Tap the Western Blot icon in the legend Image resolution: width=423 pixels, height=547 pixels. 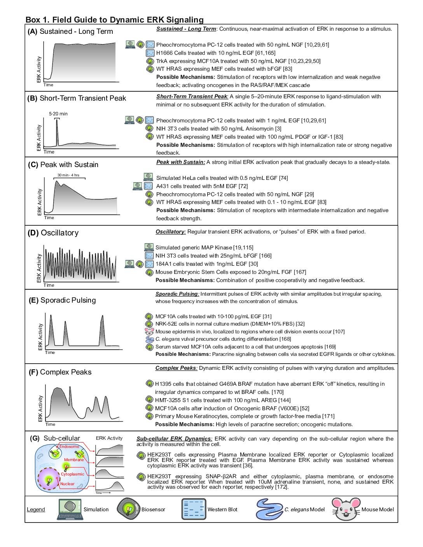(194, 509)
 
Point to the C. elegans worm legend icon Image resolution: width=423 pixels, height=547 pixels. (269, 509)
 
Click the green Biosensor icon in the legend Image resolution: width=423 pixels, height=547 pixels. (129, 509)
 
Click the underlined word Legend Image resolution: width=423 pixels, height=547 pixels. (36, 510)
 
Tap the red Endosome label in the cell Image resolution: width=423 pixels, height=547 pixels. (69, 446)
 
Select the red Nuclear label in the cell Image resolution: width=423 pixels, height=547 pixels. (67, 484)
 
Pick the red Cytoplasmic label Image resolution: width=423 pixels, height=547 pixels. (72, 474)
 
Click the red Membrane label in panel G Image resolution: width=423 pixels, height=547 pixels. (74, 460)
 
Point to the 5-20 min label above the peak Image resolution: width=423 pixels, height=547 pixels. (58, 114)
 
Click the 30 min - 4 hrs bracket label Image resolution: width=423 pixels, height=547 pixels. (68, 175)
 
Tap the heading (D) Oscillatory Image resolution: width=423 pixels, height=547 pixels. (53, 233)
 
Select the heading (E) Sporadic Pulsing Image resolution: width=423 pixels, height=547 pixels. (62, 300)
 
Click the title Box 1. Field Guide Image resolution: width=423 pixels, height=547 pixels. (114, 20)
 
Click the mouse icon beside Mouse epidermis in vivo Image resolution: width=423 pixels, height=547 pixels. (149, 331)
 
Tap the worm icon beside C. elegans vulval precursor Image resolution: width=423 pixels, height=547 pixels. (149, 339)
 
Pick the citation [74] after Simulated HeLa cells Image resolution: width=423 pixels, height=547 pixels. (283, 178)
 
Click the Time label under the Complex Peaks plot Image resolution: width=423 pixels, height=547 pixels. (50, 424)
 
